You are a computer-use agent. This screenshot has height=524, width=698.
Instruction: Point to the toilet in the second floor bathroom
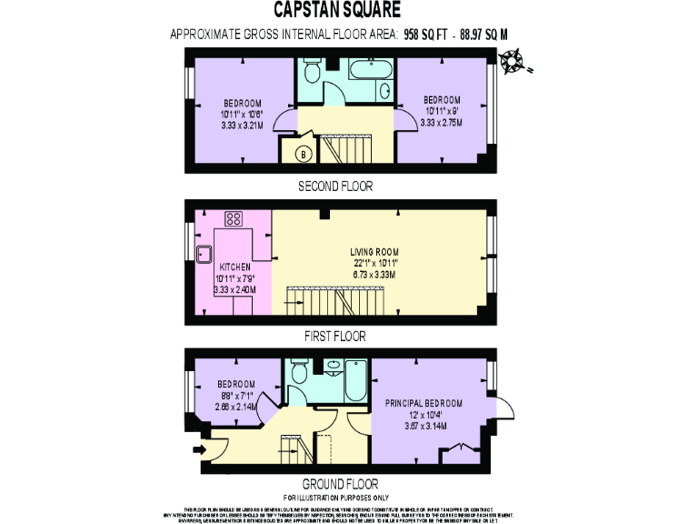point(311,71)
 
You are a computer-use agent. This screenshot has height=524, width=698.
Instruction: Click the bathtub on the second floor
point(369,69)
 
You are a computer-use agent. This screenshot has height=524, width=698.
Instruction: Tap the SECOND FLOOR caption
point(336,186)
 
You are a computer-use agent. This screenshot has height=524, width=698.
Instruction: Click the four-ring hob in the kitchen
point(233,218)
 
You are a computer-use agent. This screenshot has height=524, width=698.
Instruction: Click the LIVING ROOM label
point(375,252)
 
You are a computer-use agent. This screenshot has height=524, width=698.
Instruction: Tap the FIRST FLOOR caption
point(336,336)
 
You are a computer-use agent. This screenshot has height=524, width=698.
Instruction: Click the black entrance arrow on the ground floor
point(200,448)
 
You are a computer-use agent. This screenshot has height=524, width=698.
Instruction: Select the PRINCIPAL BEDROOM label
point(424,403)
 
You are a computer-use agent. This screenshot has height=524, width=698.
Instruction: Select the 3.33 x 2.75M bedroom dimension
point(443,122)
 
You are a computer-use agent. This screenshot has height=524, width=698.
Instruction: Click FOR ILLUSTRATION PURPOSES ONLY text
point(336,499)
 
